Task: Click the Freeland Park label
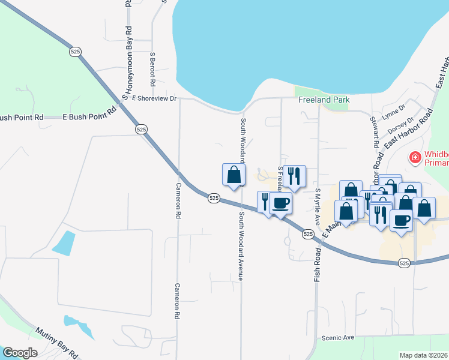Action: coord(324,100)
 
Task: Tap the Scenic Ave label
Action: coord(338,338)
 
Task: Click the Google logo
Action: coord(20,353)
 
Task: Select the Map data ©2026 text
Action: coord(423,355)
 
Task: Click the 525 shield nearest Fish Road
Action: coord(308,233)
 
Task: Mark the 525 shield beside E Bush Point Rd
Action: coord(141,129)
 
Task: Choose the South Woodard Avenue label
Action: coord(241,246)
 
